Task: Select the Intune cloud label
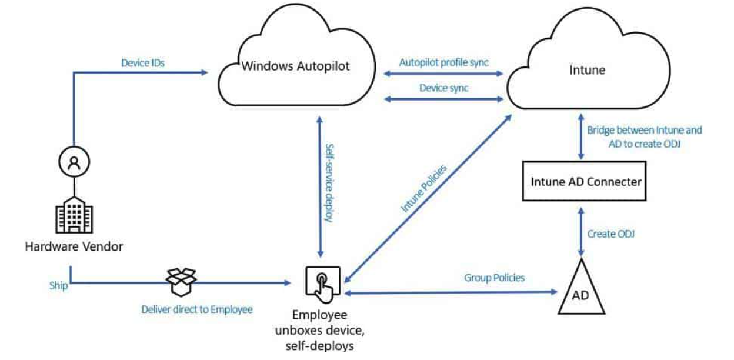click(587, 70)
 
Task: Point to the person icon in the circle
click(74, 162)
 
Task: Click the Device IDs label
click(143, 62)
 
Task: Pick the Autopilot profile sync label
click(443, 62)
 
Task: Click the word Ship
click(59, 285)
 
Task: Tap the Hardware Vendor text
click(74, 246)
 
